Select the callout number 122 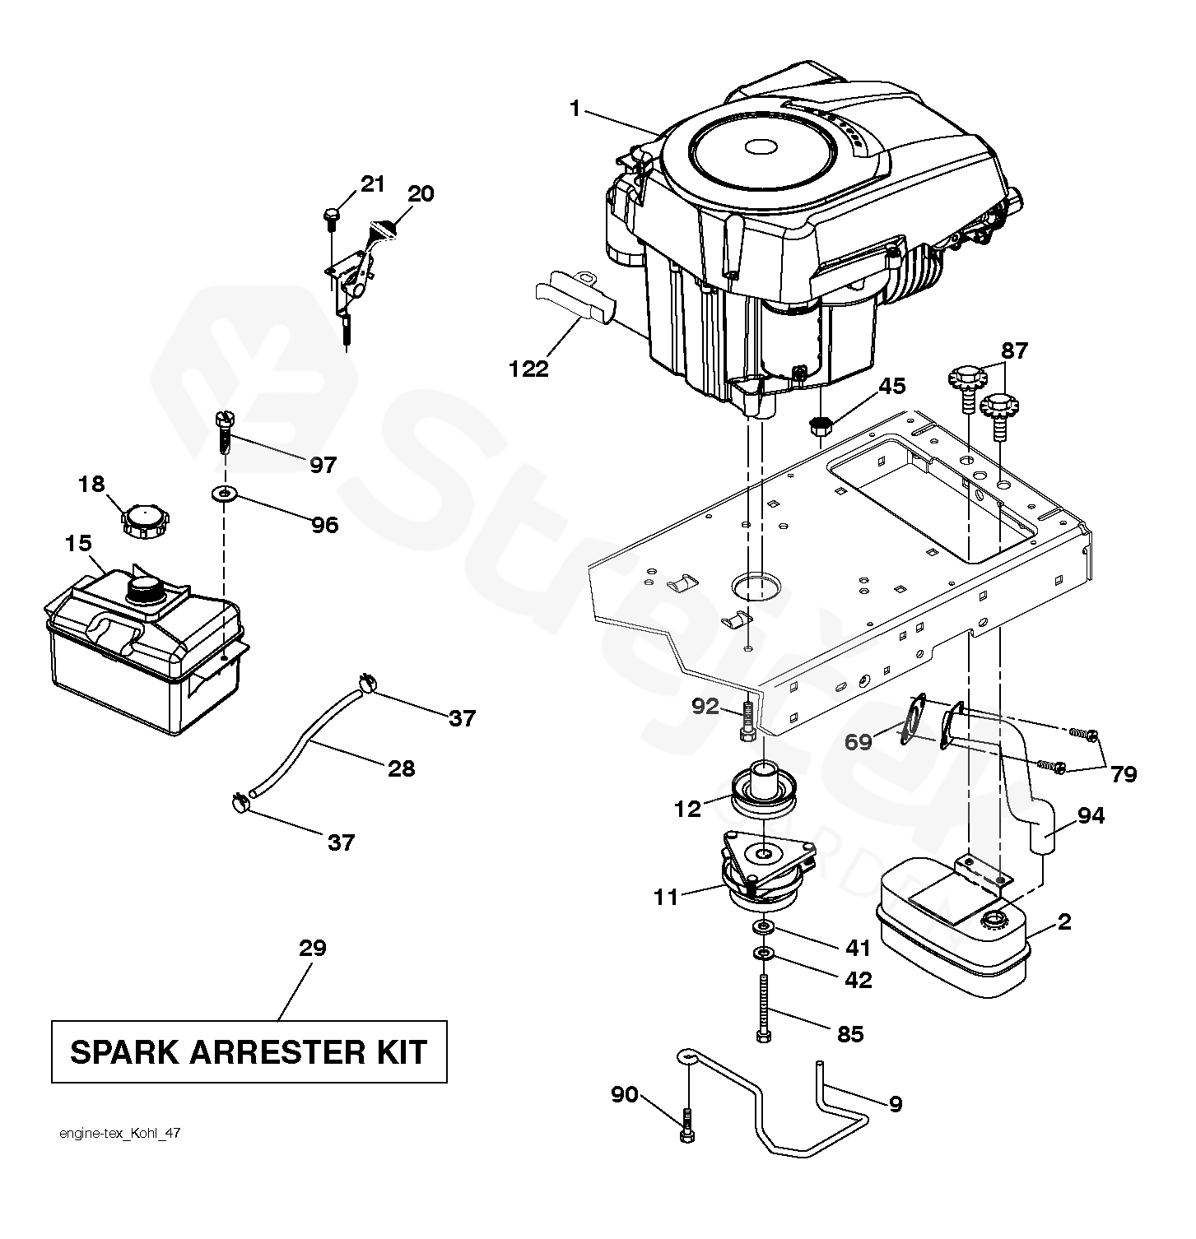point(528,369)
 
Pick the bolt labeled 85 point(764,1007)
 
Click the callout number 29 point(313,948)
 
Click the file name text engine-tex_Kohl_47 point(120,1134)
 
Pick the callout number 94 point(1091,816)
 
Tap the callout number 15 point(79,544)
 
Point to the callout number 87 point(1014,351)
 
